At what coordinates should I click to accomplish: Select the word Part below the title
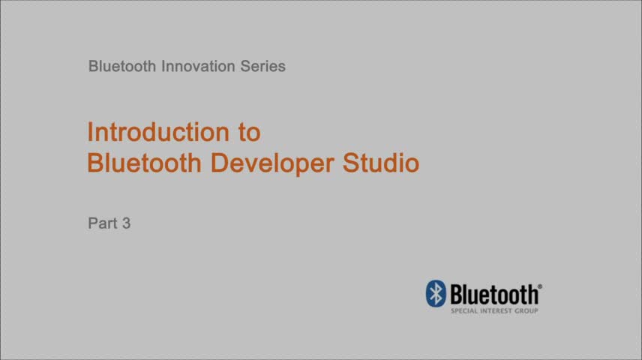(102, 223)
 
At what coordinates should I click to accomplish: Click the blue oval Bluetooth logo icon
(436, 293)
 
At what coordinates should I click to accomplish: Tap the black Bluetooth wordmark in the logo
(493, 293)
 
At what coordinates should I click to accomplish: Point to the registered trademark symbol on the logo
(540, 287)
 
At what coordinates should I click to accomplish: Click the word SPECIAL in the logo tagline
(465, 310)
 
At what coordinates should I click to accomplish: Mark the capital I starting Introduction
(90, 132)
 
